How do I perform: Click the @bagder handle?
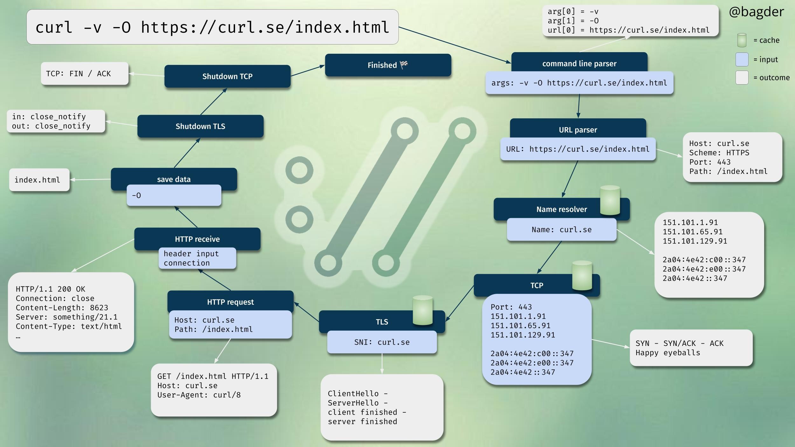(x=756, y=12)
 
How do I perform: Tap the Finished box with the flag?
(x=388, y=65)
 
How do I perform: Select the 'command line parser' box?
(x=579, y=64)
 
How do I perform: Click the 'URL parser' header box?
(x=578, y=130)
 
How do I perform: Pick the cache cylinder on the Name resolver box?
(x=610, y=201)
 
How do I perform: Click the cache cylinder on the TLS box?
(x=422, y=310)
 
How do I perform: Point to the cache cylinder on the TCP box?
(x=582, y=276)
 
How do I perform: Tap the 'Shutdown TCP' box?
(x=227, y=76)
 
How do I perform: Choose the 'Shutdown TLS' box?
(x=200, y=126)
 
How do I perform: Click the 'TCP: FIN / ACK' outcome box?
(x=85, y=74)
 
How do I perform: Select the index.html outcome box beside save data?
(x=39, y=180)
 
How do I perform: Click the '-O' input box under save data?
(x=174, y=196)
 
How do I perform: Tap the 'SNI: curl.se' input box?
(x=382, y=342)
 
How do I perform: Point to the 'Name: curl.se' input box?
(x=561, y=230)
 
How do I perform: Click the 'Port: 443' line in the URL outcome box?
(x=710, y=162)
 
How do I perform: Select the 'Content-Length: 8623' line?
(x=62, y=308)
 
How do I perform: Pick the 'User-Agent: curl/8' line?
(x=199, y=395)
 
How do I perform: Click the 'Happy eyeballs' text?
(x=668, y=353)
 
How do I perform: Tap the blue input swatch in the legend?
(x=742, y=59)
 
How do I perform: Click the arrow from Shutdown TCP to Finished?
(x=307, y=71)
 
